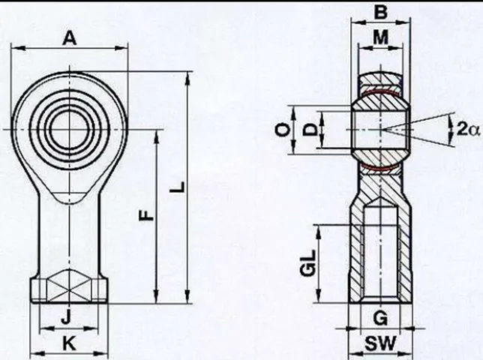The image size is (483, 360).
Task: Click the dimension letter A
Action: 70,38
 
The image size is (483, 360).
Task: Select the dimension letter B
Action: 381,13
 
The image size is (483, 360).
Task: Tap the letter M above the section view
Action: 381,37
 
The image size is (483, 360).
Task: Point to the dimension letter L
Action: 178,187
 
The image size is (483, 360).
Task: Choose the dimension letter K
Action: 69,343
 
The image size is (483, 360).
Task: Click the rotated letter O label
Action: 282,130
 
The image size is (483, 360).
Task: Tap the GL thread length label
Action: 307,262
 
